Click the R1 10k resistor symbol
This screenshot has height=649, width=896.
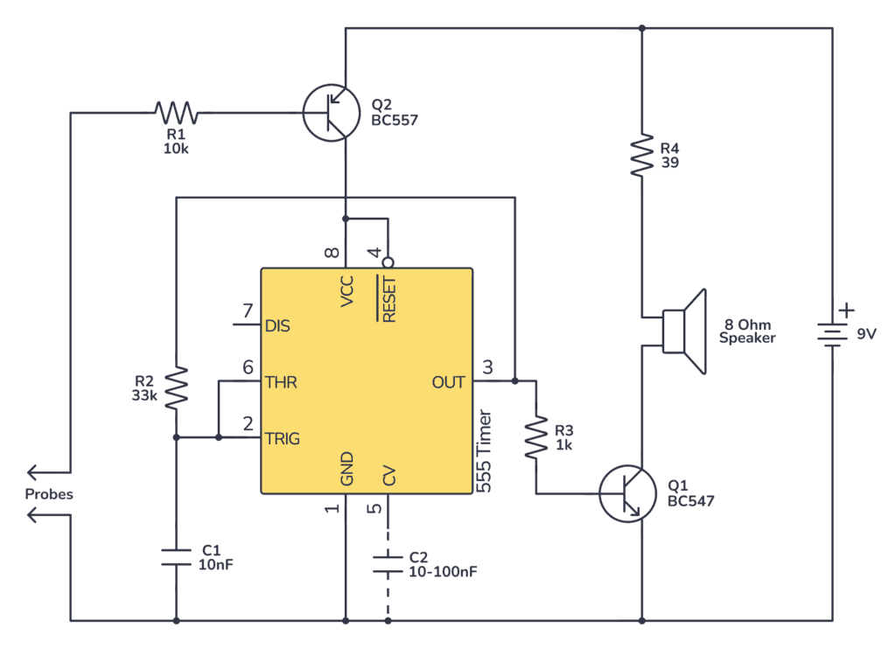coord(176,112)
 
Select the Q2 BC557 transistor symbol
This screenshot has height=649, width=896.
coord(332,112)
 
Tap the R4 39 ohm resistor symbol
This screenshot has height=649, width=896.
coord(642,154)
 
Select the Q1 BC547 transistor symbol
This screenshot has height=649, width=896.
coord(627,493)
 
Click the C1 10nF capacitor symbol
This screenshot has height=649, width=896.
coord(177,557)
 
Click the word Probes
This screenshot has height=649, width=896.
coord(49,494)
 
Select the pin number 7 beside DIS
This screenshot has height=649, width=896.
coord(248,311)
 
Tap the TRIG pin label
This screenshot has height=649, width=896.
coord(283,438)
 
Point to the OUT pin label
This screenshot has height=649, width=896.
coord(449,381)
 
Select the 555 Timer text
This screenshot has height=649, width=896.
coord(486,451)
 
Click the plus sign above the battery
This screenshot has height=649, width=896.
coord(845,310)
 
